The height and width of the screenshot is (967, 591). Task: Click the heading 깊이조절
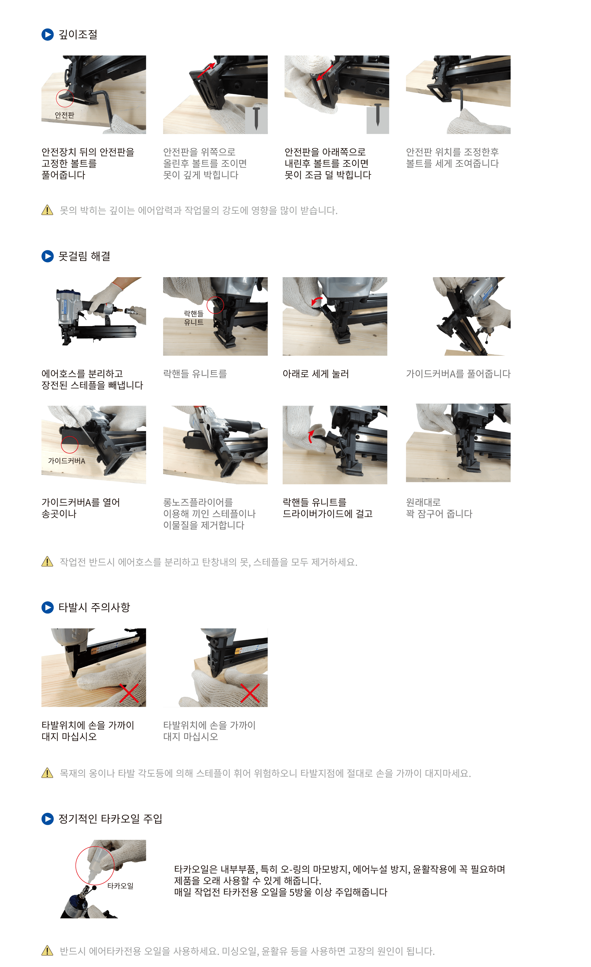[x=78, y=35]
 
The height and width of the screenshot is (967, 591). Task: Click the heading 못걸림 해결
[x=84, y=256]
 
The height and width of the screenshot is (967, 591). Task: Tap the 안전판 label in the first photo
[x=64, y=115]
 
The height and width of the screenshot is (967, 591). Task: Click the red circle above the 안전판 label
[x=65, y=98]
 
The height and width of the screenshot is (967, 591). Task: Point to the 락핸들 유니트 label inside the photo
[x=194, y=318]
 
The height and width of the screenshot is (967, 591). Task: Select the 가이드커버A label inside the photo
[x=66, y=461]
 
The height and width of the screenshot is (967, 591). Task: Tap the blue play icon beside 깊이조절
[x=47, y=35]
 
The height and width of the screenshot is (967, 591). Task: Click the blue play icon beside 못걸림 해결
[x=47, y=256]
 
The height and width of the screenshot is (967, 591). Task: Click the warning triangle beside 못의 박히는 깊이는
[x=47, y=210]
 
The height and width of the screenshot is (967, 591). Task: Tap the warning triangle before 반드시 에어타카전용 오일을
[x=47, y=951]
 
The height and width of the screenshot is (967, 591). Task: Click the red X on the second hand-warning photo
[x=250, y=693]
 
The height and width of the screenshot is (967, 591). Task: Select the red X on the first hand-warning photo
[x=129, y=693]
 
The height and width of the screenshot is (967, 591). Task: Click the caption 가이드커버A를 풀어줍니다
[x=458, y=374]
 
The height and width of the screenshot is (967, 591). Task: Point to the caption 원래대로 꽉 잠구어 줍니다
[x=439, y=508]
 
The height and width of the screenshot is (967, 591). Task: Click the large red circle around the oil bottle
[x=95, y=865]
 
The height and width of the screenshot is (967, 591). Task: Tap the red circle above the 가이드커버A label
[x=70, y=445]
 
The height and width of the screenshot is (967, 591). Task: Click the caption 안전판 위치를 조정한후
[x=452, y=152]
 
